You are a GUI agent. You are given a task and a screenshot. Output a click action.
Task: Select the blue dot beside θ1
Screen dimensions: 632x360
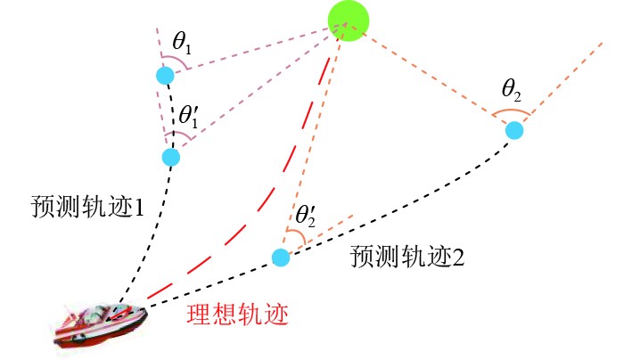(164, 76)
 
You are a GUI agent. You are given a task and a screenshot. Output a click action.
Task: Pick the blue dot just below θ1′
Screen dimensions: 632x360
(171, 157)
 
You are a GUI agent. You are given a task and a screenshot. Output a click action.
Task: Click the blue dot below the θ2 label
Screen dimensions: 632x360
(514, 130)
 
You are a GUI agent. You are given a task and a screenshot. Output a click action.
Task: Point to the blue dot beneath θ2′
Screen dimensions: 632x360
(281, 258)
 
